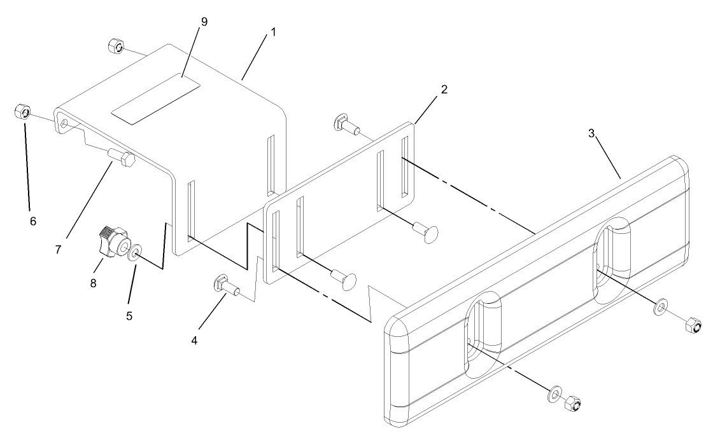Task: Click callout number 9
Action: (204, 22)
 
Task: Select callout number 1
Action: (274, 31)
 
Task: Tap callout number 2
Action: (444, 89)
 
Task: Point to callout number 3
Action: (591, 135)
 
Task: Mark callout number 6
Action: (32, 221)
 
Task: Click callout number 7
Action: (58, 249)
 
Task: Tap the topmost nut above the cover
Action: (115, 46)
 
